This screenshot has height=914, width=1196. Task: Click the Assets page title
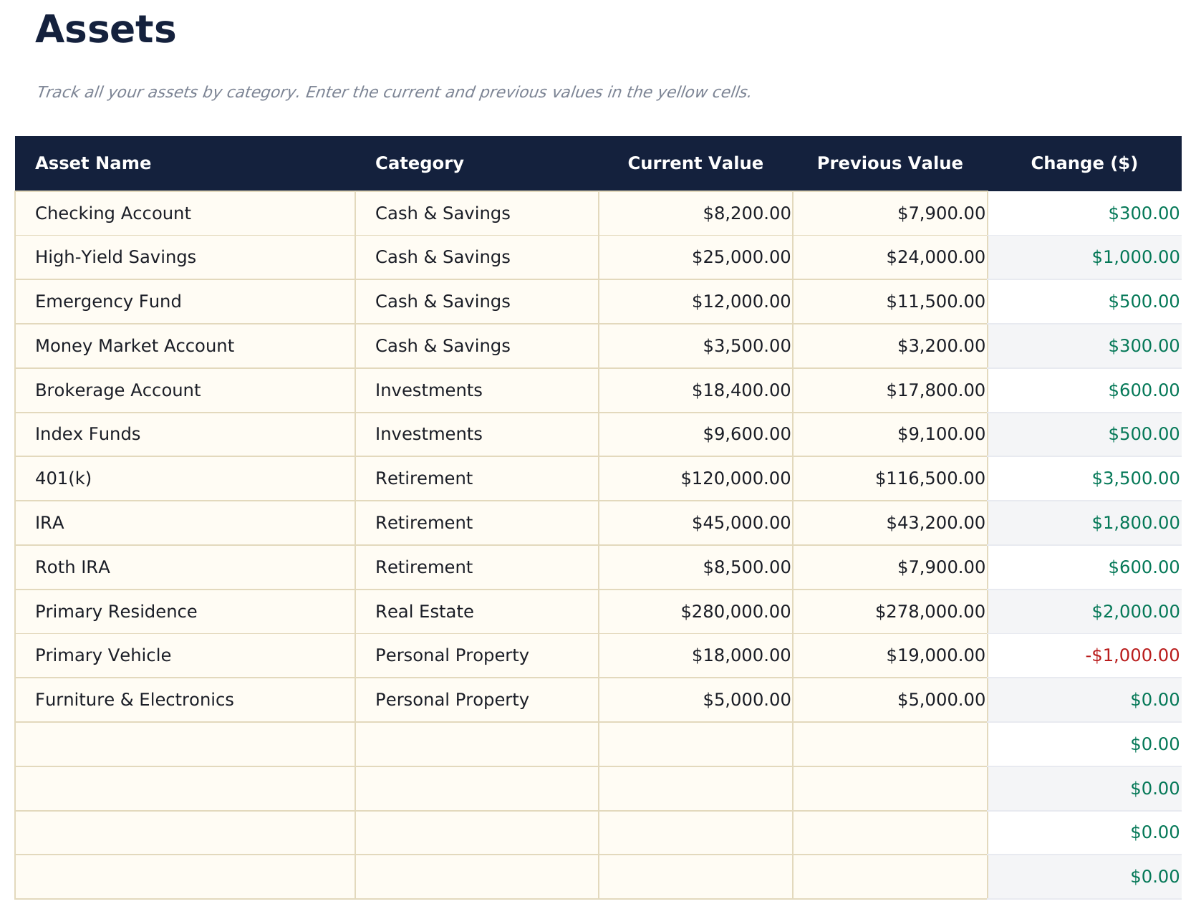coord(105,30)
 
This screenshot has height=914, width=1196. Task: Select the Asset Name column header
coord(93,163)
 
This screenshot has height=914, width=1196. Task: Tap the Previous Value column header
coord(889,163)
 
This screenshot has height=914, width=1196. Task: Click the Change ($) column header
coord(1084,163)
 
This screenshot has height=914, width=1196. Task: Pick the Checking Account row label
coord(113,213)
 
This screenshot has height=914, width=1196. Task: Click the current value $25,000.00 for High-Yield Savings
coord(741,257)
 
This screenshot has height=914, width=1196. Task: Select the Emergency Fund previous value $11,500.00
coord(935,302)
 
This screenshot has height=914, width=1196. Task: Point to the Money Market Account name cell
coord(135,346)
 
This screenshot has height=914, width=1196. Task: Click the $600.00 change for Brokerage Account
coord(1143,390)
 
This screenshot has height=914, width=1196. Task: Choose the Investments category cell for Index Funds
coord(428,434)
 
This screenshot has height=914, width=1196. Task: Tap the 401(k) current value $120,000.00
coord(736,478)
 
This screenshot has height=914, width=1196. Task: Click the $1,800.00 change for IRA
coord(1135,523)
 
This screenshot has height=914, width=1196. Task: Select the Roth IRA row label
coord(72,567)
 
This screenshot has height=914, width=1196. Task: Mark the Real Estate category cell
coord(424,612)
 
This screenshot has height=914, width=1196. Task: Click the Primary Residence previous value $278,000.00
coord(930,612)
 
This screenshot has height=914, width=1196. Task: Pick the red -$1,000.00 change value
coord(1132,655)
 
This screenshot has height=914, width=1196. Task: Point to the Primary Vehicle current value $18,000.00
coord(741,655)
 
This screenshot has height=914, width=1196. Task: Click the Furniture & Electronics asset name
coord(135,700)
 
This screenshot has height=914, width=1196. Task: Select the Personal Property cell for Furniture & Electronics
coord(452,700)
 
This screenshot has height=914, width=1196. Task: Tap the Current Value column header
coord(695,163)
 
